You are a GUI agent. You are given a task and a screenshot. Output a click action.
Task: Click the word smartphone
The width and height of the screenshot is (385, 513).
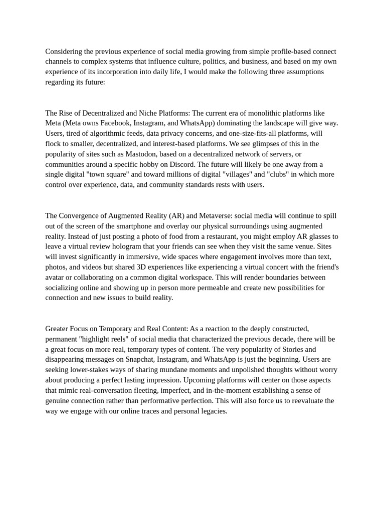tap(129, 226)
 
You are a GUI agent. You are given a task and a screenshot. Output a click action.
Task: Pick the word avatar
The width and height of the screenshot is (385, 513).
tap(56, 277)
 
